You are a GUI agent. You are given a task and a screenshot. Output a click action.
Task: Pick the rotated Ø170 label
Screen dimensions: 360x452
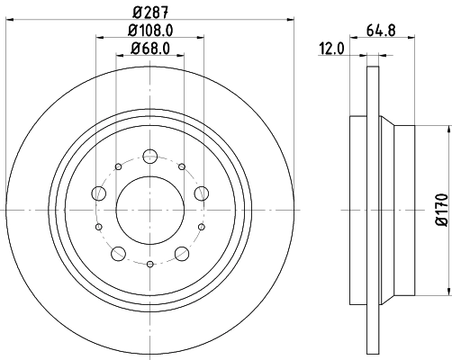(440, 207)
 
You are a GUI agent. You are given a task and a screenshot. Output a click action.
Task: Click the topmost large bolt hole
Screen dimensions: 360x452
(150, 157)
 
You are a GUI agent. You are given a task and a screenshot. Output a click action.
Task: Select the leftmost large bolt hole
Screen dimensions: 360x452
(99, 193)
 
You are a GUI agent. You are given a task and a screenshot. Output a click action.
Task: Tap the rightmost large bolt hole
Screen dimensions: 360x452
(202, 193)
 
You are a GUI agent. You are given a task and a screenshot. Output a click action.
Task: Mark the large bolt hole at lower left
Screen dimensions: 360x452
(119, 253)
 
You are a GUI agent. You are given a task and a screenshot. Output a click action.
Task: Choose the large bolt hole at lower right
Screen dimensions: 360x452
(182, 253)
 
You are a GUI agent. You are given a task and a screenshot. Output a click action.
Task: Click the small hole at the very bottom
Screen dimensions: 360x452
(150, 265)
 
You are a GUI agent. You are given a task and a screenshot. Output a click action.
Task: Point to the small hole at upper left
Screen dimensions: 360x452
(119, 166)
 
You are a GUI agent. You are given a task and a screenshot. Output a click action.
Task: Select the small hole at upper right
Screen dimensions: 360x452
(182, 166)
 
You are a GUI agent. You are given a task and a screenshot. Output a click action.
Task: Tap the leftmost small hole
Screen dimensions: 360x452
(100, 227)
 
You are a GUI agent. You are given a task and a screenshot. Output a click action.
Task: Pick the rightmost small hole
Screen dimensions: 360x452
(201, 227)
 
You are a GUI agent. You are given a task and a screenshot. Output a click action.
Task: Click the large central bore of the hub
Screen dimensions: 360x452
(150, 210)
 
